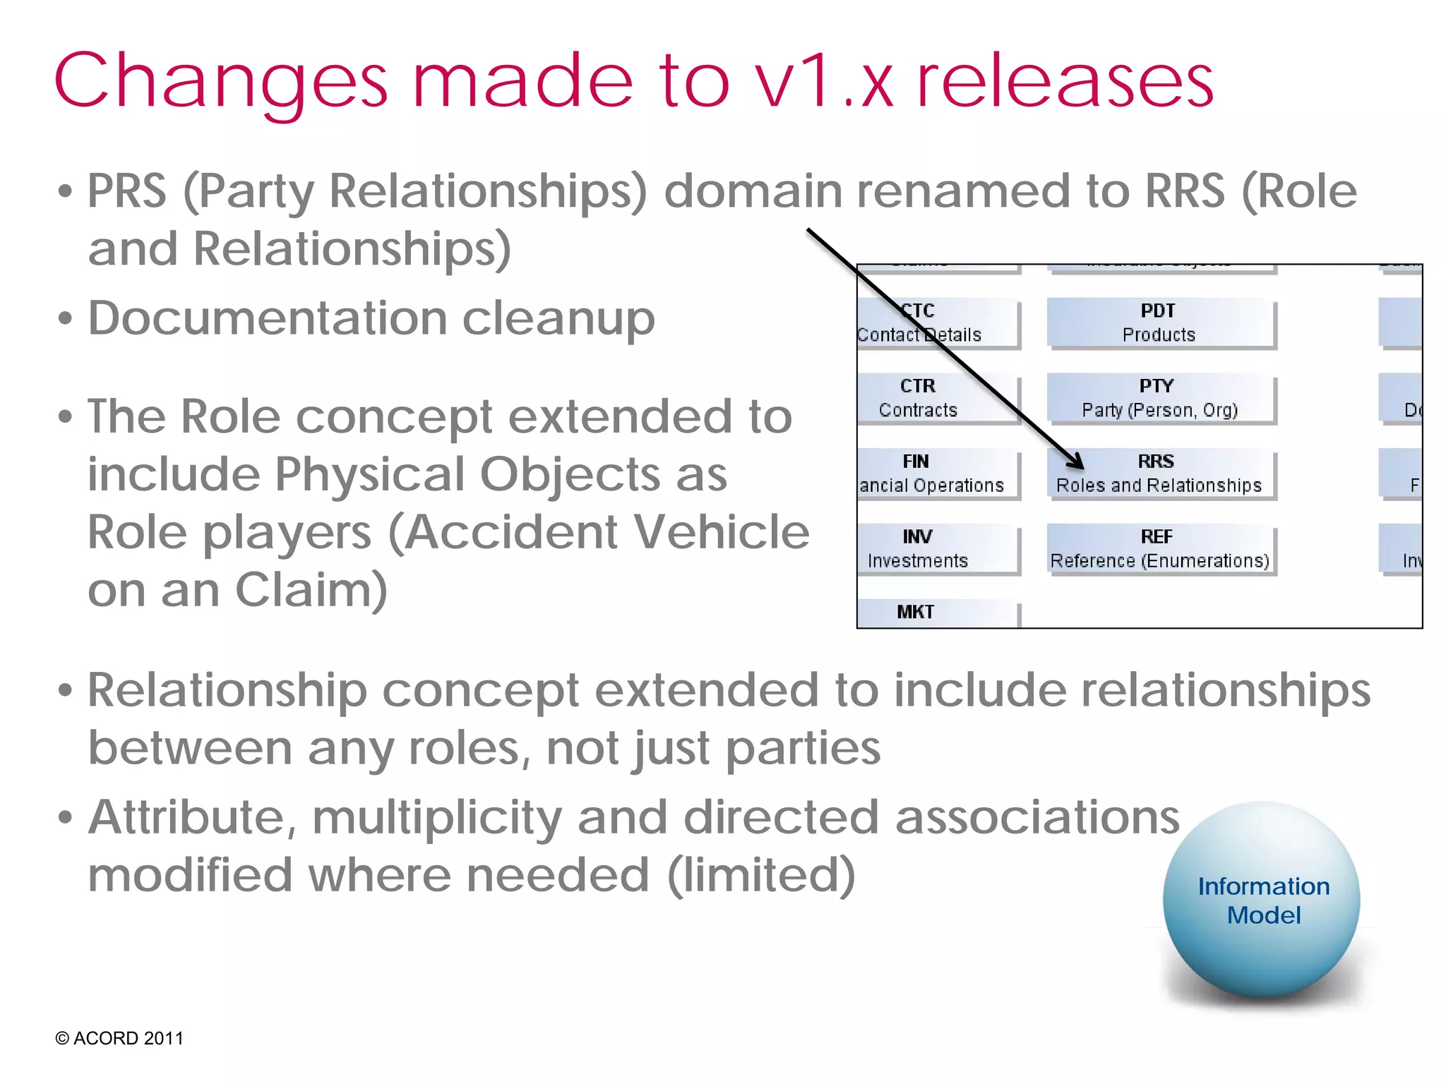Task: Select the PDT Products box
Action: click(1160, 323)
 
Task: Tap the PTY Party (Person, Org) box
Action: click(1160, 398)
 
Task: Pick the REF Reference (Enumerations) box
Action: click(1160, 549)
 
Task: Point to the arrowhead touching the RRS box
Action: click(1077, 463)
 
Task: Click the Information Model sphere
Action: click(1262, 901)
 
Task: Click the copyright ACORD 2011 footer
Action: click(119, 1038)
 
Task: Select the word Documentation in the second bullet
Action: click(267, 319)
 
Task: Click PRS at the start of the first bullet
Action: click(127, 192)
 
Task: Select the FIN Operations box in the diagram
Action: click(932, 474)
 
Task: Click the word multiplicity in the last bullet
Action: click(437, 819)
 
